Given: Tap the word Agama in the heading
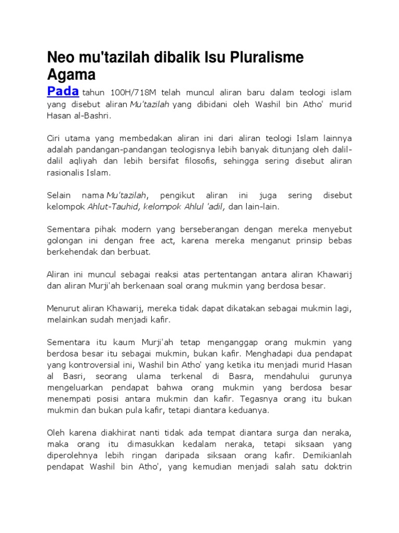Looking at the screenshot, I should point(71,75).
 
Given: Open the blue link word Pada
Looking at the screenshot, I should point(63,92).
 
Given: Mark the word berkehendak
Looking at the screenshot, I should point(73,252).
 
